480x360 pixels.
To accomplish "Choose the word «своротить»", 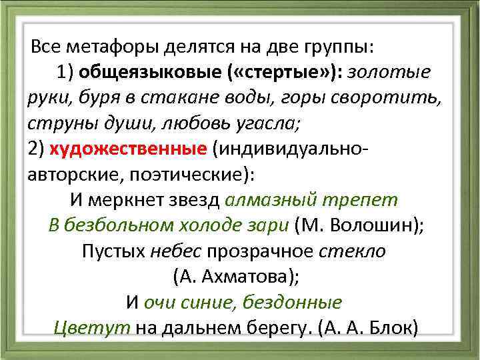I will coord(389,97).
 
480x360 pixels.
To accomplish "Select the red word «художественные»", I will coord(127,148).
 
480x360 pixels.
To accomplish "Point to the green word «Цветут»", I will coord(91,327).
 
